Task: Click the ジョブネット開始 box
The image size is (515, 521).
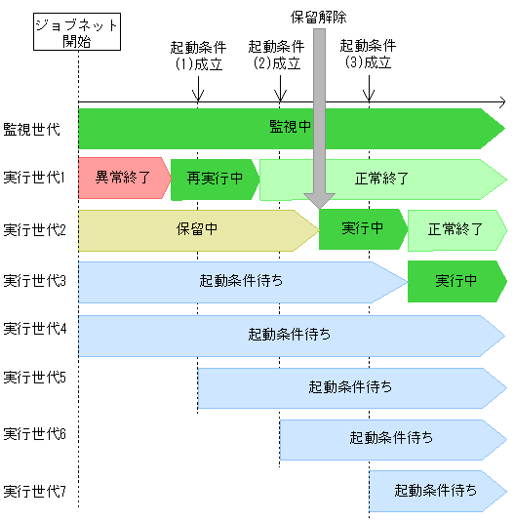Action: pos(78,33)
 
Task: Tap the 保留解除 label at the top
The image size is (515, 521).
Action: pos(319,17)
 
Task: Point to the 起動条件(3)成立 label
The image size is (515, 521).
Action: pos(368,55)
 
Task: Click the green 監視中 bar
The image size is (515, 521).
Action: pos(291,128)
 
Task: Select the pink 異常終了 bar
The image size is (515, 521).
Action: pos(122,179)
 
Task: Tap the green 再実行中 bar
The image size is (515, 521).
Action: pos(215,179)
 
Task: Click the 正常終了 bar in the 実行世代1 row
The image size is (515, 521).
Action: pos(382,179)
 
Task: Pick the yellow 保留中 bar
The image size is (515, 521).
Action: pos(197,230)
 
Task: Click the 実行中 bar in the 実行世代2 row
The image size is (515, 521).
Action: pos(362,230)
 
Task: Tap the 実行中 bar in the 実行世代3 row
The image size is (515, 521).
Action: pos(456,281)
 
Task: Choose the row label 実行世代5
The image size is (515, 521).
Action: pos(34,377)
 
